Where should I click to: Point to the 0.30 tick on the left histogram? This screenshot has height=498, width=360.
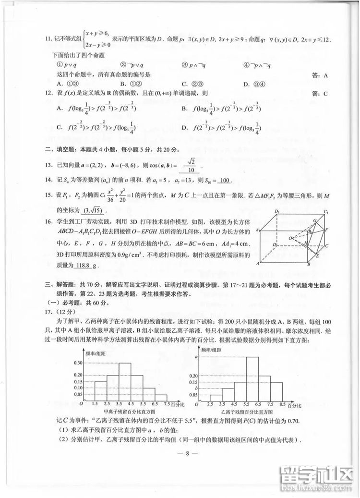tap(78, 363)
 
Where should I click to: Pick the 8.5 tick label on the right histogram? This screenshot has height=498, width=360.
tap(282, 405)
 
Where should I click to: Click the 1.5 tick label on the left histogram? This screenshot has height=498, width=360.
tap(95, 405)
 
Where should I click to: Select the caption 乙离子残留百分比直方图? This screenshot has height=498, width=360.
tap(247, 412)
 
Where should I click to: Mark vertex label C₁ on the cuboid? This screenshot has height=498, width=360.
tap(326, 212)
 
